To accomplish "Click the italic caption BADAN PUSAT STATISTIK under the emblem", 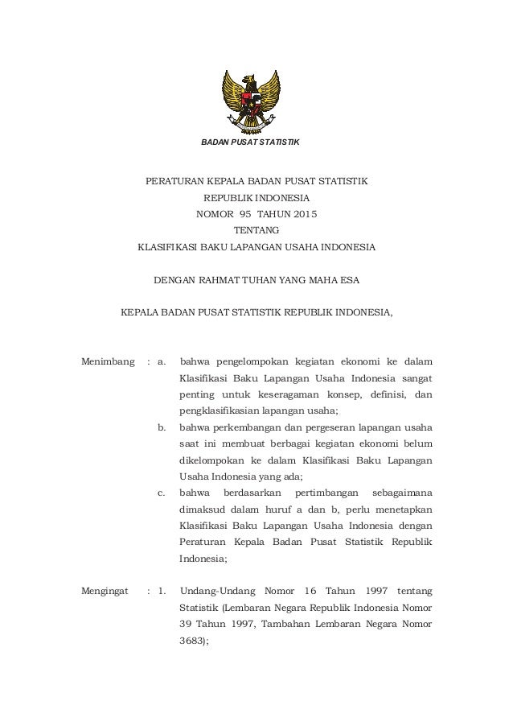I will (249, 142).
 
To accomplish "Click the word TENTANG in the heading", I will (256, 230).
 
